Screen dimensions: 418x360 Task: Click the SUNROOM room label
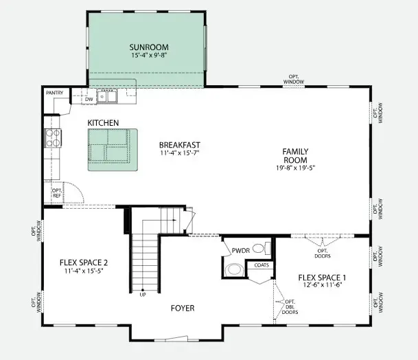click(x=149, y=47)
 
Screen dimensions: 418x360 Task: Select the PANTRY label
click(x=55, y=93)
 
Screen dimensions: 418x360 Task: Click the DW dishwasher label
click(x=89, y=100)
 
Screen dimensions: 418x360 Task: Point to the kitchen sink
click(x=107, y=96)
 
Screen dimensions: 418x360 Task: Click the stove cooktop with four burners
click(x=53, y=138)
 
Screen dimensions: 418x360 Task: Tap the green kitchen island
click(x=113, y=150)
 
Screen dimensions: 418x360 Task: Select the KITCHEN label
click(x=103, y=123)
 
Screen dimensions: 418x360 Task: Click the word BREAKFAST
click(x=179, y=145)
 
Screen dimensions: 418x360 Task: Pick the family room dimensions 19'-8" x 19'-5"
click(x=296, y=168)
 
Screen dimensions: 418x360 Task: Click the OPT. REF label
click(x=57, y=193)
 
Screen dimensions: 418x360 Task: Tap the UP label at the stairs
click(x=143, y=295)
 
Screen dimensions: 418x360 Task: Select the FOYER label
click(x=183, y=308)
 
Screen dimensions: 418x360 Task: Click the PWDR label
click(x=241, y=251)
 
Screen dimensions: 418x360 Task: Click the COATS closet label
click(x=262, y=265)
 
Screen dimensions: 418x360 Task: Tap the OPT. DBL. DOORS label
click(x=290, y=307)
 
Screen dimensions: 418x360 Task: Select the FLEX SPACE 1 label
click(x=323, y=278)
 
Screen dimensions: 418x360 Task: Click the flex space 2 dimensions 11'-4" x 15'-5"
click(x=84, y=271)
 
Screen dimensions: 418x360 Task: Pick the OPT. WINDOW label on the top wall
click(x=294, y=80)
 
